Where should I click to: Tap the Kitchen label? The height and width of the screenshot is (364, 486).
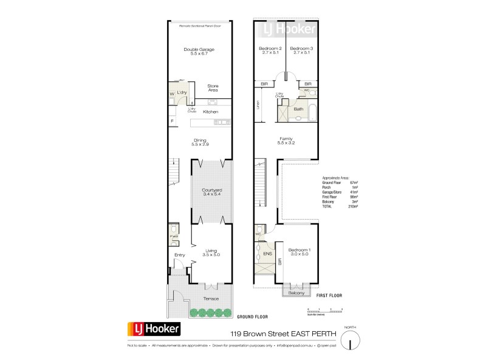coord(210,112)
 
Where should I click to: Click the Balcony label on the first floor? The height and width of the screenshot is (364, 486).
coord(296,294)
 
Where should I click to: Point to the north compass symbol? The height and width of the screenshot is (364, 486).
coord(350,342)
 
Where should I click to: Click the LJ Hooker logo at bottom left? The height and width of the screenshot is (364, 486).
coord(153,329)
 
